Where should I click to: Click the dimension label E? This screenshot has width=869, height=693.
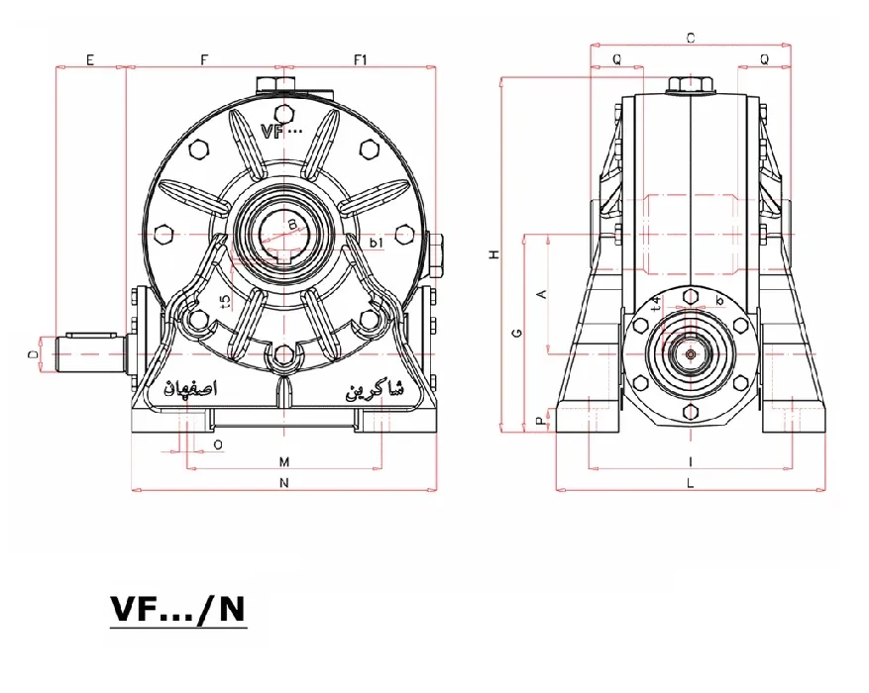(89, 59)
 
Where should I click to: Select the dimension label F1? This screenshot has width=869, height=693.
(361, 59)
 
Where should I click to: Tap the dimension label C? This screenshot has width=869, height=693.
(690, 38)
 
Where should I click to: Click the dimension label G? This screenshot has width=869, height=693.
(516, 334)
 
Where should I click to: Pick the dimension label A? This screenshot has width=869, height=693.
(540, 294)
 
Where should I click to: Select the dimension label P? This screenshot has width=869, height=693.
(540, 421)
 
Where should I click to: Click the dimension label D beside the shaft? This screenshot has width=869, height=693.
(33, 352)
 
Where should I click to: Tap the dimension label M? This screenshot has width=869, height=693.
(283, 462)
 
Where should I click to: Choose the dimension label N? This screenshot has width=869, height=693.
(283, 483)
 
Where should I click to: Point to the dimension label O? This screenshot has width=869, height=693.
(217, 445)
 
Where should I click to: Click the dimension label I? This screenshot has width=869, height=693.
(690, 462)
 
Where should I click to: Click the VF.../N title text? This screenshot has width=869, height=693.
(176, 610)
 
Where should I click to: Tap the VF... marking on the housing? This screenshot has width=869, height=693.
(282, 130)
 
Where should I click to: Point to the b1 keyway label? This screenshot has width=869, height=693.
(376, 243)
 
